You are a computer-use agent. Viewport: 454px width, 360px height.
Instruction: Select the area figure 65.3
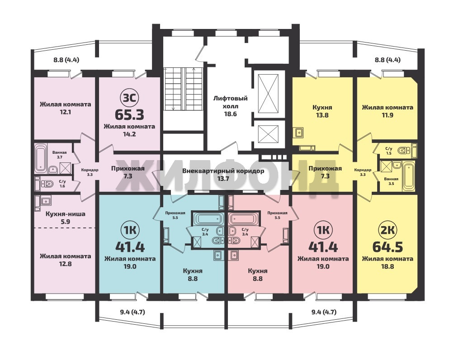coord(129,115)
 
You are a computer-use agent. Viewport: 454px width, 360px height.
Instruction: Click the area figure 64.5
coord(388,247)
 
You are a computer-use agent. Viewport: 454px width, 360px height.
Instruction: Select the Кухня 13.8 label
coord(322,111)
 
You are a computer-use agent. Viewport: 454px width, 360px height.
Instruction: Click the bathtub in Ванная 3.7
coord(41,158)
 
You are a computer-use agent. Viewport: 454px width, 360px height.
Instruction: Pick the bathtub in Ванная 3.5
coord(409,176)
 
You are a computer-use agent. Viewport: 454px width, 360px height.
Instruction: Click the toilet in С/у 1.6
coord(47,184)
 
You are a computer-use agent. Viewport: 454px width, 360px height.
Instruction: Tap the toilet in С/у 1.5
coord(403,151)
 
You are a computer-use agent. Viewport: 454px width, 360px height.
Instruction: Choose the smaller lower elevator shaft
coord(268,134)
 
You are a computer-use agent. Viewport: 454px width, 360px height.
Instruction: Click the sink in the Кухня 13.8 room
coord(299,133)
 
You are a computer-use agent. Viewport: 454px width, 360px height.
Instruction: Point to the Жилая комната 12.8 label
coord(66,260)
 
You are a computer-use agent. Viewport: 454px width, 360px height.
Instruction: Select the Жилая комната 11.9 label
coord(388,111)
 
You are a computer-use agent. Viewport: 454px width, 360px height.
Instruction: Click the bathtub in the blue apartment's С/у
coord(208,218)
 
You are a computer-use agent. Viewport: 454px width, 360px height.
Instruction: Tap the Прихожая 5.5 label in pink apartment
coord(277,215)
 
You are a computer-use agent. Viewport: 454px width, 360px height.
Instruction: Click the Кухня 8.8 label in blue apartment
coord(193,275)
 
